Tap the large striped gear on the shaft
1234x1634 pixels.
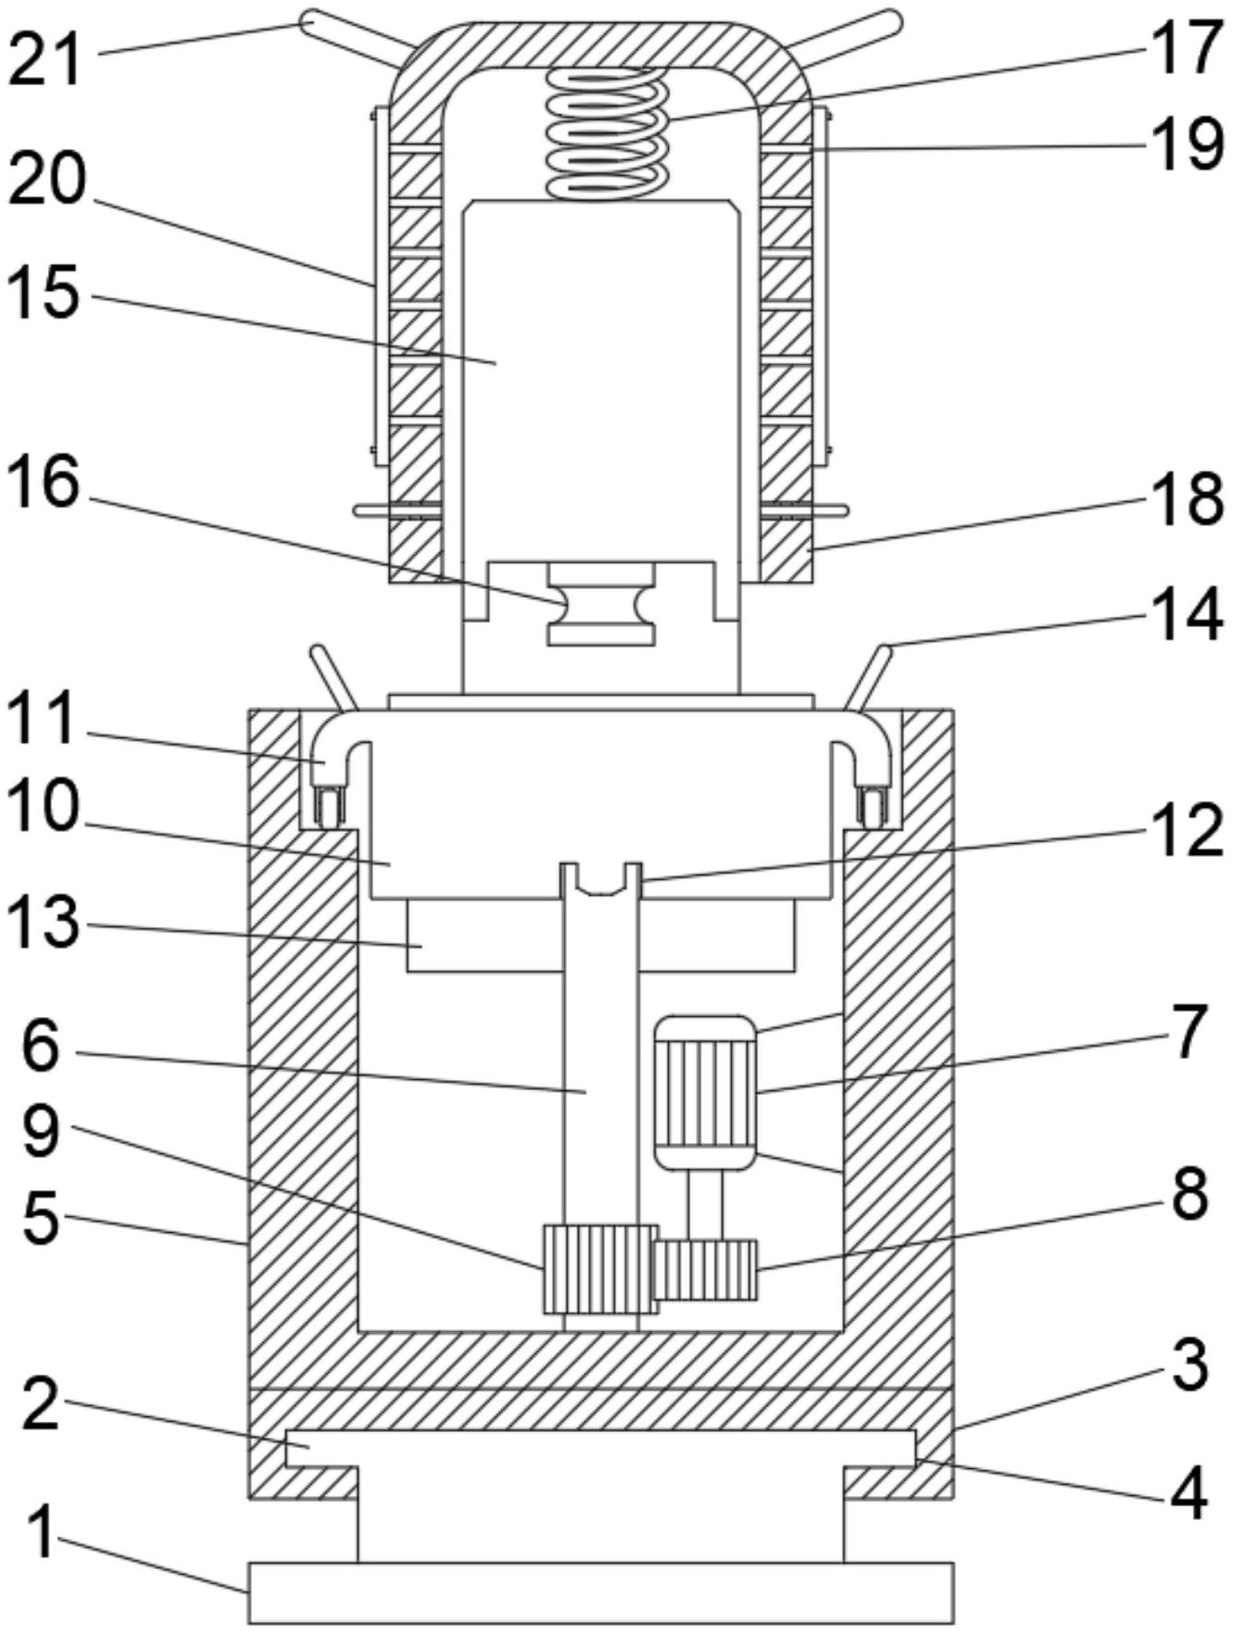click(x=599, y=1269)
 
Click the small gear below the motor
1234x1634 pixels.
click(x=705, y=1269)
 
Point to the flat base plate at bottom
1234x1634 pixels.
click(x=601, y=1593)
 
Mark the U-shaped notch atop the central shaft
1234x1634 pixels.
click(x=602, y=880)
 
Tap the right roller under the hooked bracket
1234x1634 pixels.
click(x=871, y=806)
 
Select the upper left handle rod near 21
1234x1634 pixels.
click(x=356, y=38)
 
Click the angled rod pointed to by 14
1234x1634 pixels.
click(x=870, y=678)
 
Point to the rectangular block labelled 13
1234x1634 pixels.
click(x=600, y=936)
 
